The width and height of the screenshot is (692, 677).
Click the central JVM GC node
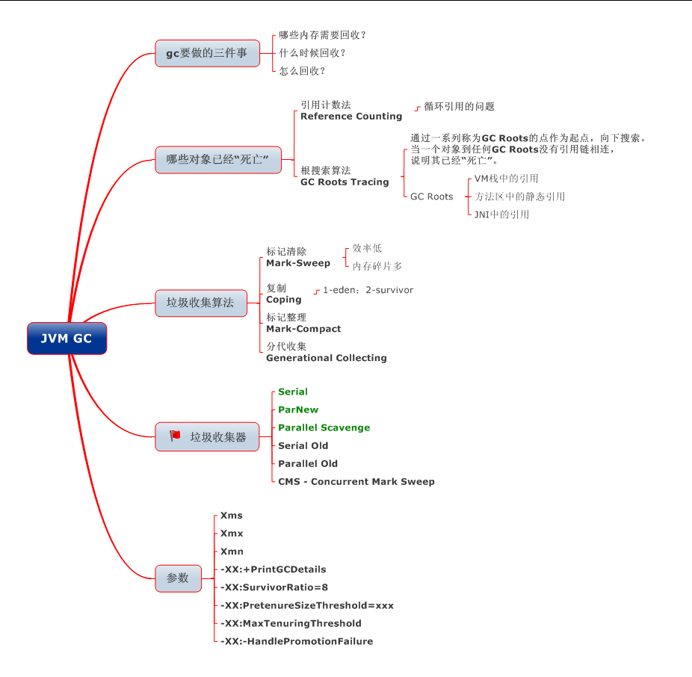(x=67, y=338)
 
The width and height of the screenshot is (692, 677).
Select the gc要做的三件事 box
(x=207, y=54)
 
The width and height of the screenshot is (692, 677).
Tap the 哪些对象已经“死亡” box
(x=218, y=160)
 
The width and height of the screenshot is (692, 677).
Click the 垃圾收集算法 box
(x=200, y=303)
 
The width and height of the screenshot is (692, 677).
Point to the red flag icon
(x=175, y=436)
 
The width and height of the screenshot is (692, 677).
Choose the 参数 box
(x=178, y=578)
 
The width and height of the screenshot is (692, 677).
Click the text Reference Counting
(x=351, y=117)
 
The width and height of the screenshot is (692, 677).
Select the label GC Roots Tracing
(x=345, y=182)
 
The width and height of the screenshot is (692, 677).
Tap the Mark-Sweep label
(x=298, y=263)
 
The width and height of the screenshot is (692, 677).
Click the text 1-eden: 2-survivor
(x=368, y=290)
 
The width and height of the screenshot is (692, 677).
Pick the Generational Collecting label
(x=327, y=358)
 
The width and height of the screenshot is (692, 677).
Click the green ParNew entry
(x=298, y=409)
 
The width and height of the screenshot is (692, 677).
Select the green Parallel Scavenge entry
(x=324, y=427)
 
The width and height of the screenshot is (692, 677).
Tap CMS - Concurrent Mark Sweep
(x=356, y=482)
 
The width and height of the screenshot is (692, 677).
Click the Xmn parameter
(x=232, y=551)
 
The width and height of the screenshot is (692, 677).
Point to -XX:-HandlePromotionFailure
(x=297, y=641)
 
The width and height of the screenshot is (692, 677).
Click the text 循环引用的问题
(x=459, y=107)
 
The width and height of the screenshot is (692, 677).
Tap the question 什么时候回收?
(x=312, y=53)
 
